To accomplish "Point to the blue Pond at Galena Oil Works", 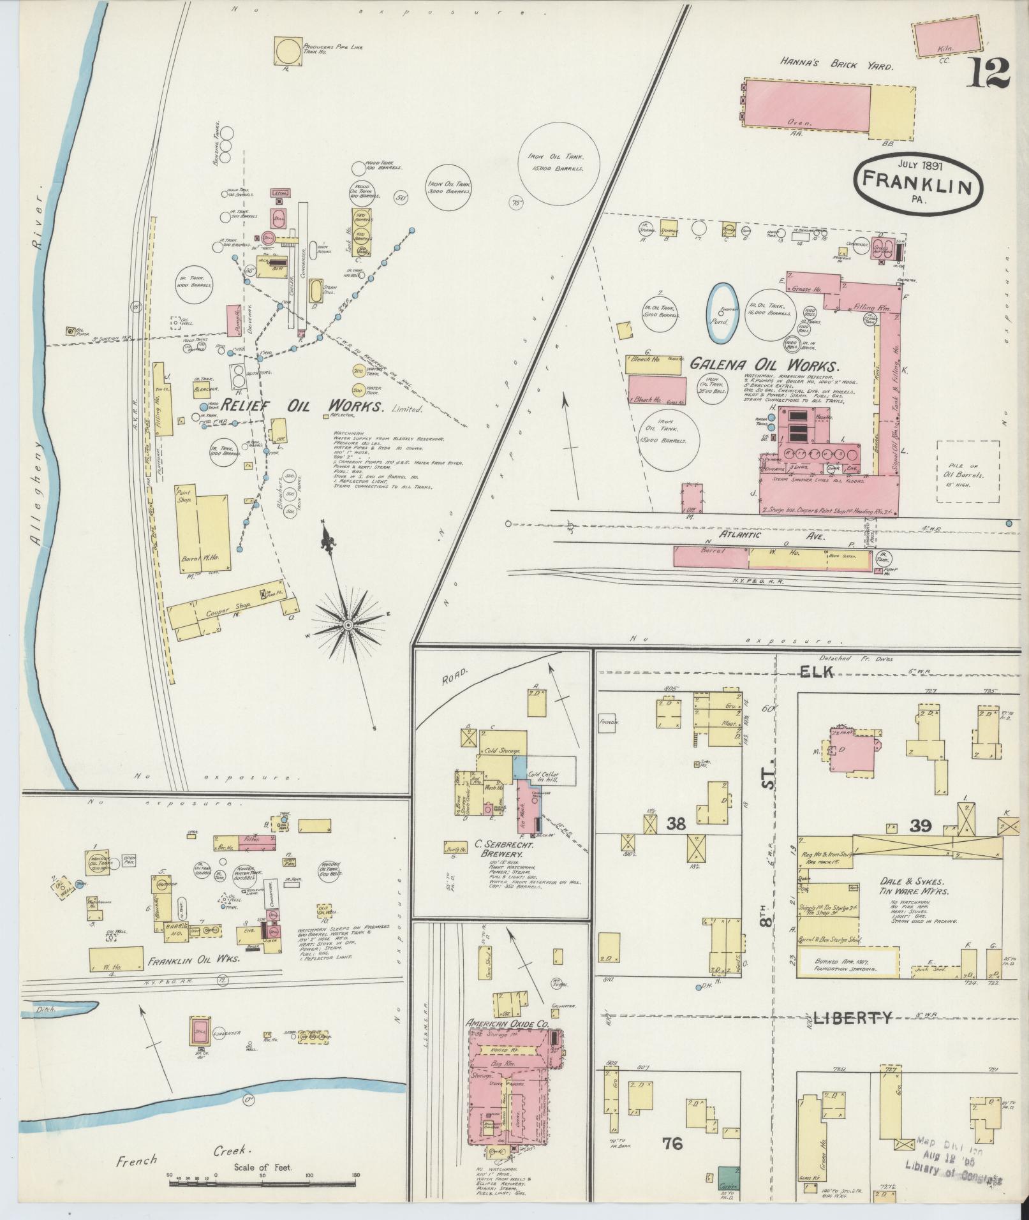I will point(722,313).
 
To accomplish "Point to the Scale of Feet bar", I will point(262,1184).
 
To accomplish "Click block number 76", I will point(672,1144).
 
